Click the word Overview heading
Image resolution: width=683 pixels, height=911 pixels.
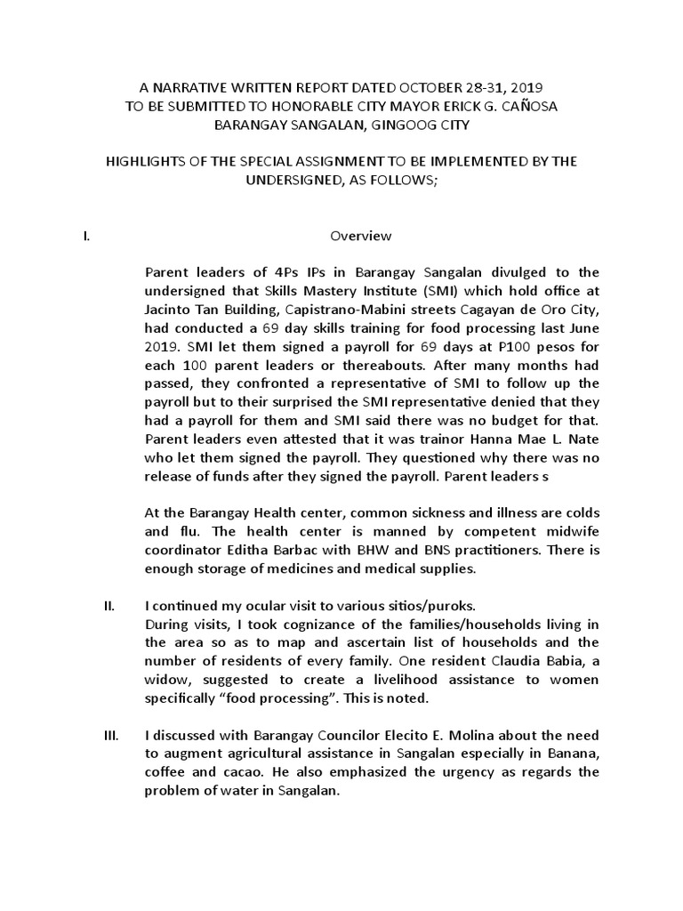coord(361,236)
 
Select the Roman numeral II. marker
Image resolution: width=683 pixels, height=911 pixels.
coord(109,606)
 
